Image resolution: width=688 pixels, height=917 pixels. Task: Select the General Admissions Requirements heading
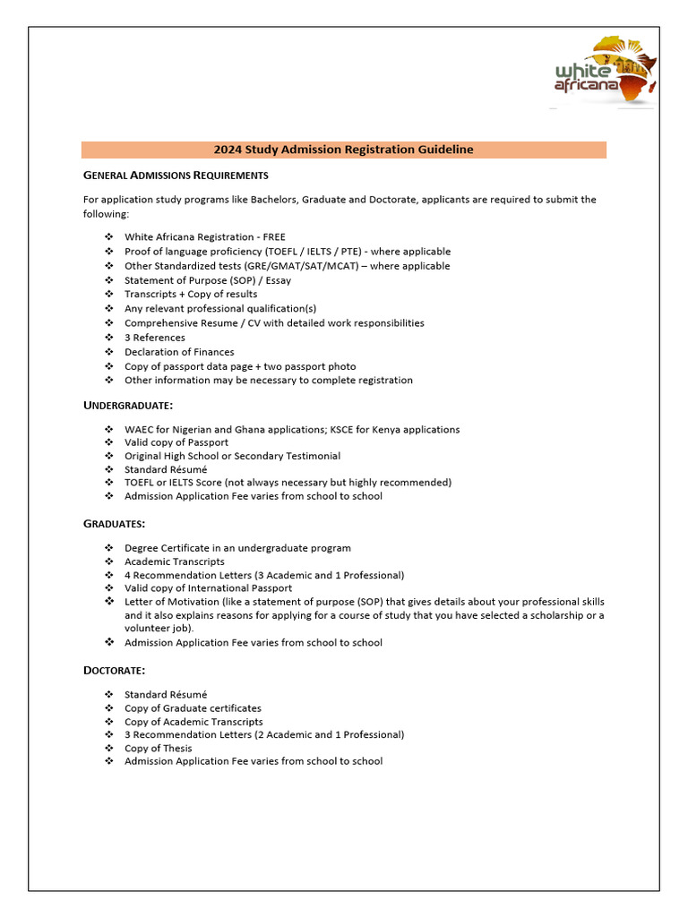[x=176, y=175]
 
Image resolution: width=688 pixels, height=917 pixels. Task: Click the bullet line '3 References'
[x=155, y=338]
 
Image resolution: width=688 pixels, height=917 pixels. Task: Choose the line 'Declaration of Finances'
[x=179, y=352]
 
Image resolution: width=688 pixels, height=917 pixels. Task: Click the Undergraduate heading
[x=127, y=406]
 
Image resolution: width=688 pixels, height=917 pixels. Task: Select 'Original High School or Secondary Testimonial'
[x=232, y=456]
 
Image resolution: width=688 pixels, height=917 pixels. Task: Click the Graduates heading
[x=114, y=523]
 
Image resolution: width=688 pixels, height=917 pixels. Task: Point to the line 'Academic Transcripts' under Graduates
[x=175, y=561]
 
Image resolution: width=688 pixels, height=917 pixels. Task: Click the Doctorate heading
[x=114, y=670]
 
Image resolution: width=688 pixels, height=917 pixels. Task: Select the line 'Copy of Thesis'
[x=159, y=748]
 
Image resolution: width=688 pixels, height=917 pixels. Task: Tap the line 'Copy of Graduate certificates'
[x=193, y=708]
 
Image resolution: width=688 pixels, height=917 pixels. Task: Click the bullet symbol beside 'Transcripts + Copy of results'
[x=108, y=295]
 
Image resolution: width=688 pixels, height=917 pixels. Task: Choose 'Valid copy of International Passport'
[x=208, y=588]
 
